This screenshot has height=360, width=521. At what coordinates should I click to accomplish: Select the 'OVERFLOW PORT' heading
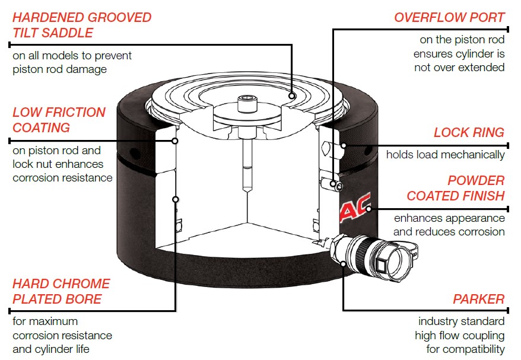pos(449,17)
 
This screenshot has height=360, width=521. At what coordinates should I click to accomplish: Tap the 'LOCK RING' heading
pos(469,132)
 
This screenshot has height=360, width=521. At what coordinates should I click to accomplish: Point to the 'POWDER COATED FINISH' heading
pos(455,188)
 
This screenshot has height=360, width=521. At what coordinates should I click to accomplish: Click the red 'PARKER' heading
pos(478,299)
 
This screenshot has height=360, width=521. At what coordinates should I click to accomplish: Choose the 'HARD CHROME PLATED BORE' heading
pos(61,291)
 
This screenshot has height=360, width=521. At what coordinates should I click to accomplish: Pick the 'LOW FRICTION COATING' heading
pos(59,120)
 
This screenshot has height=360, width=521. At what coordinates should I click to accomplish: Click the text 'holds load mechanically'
pos(445,155)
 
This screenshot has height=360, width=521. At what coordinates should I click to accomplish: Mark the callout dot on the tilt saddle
pos(293,95)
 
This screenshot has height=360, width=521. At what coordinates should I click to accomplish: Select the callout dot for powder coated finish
pos(368,208)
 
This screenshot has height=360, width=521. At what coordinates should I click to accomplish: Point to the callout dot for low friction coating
pos(175,141)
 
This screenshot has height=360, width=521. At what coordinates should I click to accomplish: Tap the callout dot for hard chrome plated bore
pos(175,198)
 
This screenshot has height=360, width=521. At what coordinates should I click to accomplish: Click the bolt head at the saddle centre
pos(245,104)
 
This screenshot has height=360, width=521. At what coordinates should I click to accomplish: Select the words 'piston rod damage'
pos(59,69)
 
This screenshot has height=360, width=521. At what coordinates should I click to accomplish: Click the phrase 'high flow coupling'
pos(459,336)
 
